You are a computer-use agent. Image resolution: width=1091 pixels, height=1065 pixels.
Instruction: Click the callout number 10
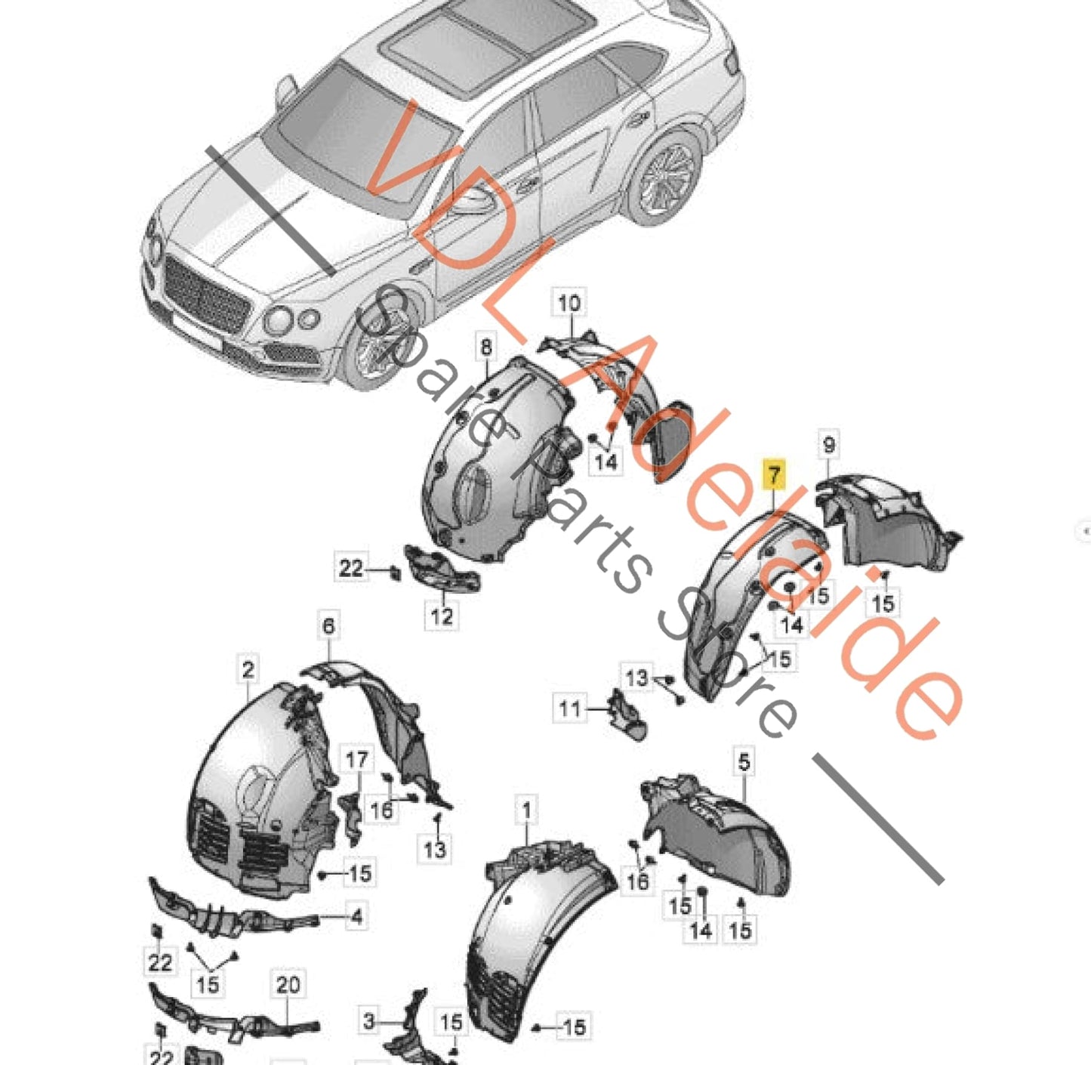[x=569, y=304]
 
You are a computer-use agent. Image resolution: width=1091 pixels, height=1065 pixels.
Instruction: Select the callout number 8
[x=485, y=347]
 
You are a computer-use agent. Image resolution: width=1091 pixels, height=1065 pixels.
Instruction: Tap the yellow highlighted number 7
[x=774, y=476]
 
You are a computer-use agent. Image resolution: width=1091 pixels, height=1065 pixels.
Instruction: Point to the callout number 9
[x=828, y=445]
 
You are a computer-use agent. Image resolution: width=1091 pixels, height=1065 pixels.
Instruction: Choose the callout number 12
[x=442, y=616]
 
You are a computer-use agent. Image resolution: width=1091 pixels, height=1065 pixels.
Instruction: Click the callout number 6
[x=328, y=625]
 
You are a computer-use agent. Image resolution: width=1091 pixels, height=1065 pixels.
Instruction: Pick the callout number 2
[x=248, y=669]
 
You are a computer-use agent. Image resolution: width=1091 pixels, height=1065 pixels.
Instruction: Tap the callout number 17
[x=356, y=760]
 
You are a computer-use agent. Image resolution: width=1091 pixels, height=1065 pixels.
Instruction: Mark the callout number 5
[x=744, y=761]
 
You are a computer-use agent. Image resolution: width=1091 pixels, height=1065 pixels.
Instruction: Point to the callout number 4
[x=356, y=917]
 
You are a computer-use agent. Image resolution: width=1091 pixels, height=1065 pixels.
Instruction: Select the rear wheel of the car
[x=666, y=180]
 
